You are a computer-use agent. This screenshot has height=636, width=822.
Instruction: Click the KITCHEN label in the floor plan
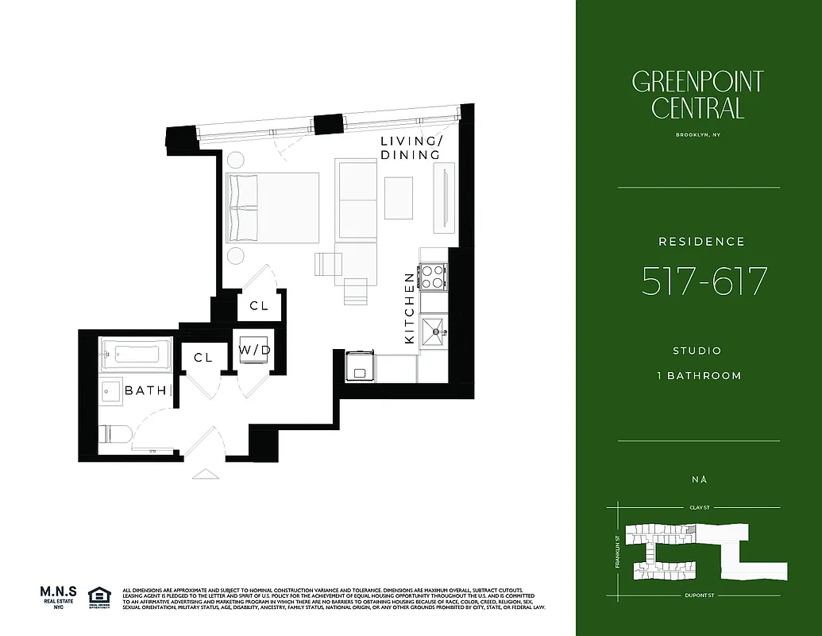click(410, 308)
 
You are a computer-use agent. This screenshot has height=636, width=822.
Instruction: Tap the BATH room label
click(146, 390)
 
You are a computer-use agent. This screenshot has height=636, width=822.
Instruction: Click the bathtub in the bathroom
click(137, 354)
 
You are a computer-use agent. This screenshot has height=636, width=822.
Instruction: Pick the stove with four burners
click(433, 277)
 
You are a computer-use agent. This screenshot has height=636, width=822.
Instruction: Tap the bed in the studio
click(272, 207)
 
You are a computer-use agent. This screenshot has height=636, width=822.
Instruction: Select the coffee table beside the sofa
click(399, 198)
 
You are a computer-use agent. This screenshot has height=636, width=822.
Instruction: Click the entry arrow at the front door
click(204, 474)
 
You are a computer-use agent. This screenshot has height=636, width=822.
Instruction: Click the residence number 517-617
click(704, 281)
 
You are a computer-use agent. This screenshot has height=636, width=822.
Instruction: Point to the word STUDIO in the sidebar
click(697, 351)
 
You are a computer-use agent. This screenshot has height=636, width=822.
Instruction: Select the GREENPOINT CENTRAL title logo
click(698, 95)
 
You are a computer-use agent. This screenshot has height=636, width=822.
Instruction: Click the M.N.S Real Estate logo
click(59, 597)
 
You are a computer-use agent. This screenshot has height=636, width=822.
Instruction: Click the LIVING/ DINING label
click(410, 148)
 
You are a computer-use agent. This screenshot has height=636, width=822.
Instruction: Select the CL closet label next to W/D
click(203, 358)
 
